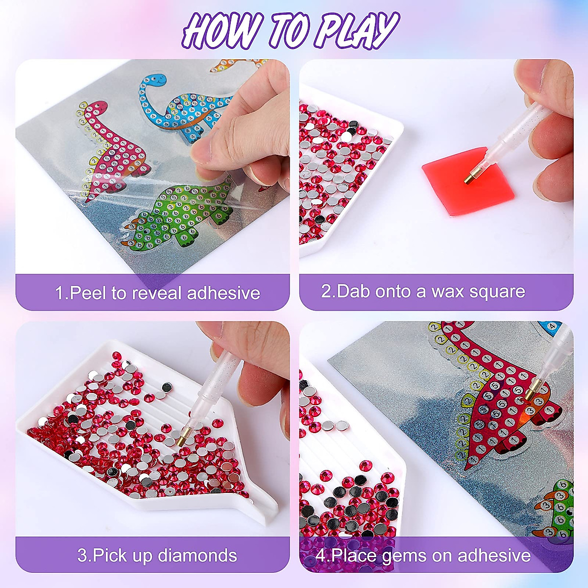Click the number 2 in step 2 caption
pos(327,292)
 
